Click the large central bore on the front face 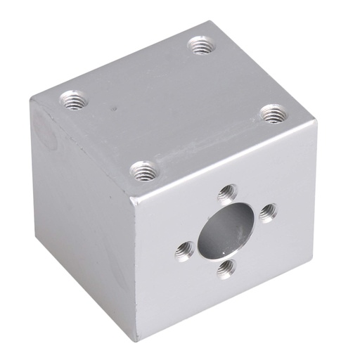[x=222, y=228]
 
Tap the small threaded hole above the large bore [x=226, y=191]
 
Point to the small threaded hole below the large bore [x=226, y=267]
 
